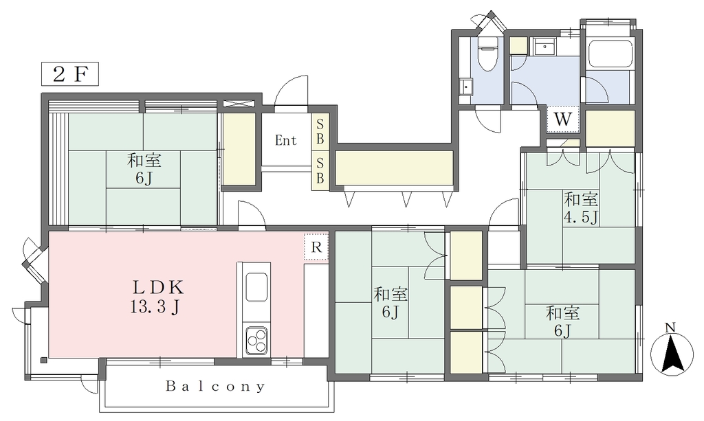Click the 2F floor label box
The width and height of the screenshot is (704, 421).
pyautogui.click(x=69, y=74)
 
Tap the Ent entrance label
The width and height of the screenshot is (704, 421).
pyautogui.click(x=286, y=140)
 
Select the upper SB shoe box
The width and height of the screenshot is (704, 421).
pyautogui.click(x=320, y=131)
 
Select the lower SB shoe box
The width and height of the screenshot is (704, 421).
pyautogui.click(x=320, y=170)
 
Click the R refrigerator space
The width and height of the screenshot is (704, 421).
pyautogui.click(x=316, y=247)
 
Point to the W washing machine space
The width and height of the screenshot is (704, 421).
pyautogui.click(x=563, y=120)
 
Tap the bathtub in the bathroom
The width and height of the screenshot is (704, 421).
pyautogui.click(x=610, y=54)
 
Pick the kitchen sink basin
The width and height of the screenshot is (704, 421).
pyautogui.click(x=257, y=287)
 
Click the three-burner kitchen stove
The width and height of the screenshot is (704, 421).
pyautogui.click(x=256, y=340)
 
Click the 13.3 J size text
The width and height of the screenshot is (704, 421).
pyautogui.click(x=155, y=307)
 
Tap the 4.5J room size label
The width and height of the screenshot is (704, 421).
pyautogui.click(x=581, y=217)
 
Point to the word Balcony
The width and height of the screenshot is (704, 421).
pyautogui.click(x=215, y=386)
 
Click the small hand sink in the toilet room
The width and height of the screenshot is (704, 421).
pyautogui.click(x=467, y=87)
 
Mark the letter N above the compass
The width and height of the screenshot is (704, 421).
pyautogui.click(x=670, y=328)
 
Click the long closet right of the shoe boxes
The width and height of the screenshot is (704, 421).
pyautogui.click(x=394, y=168)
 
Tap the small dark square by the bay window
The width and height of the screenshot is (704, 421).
pyautogui.click(x=43, y=360)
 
